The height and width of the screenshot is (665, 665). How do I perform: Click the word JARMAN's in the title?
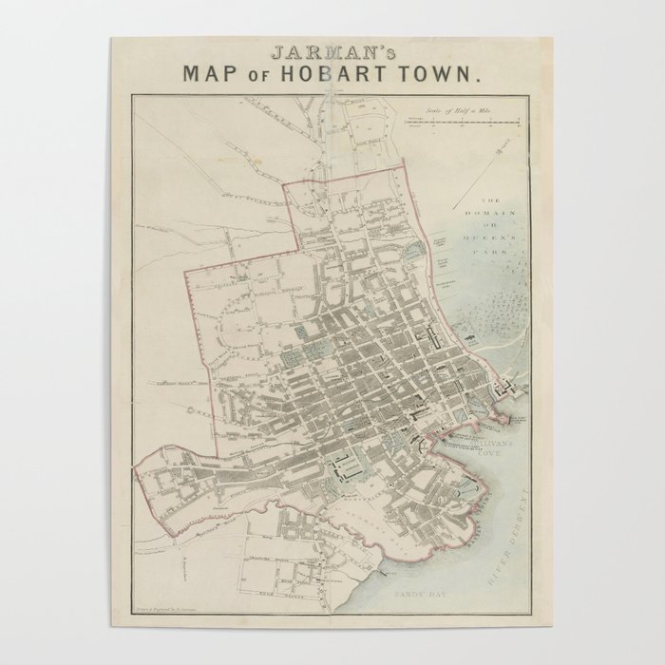pos(331,52)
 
